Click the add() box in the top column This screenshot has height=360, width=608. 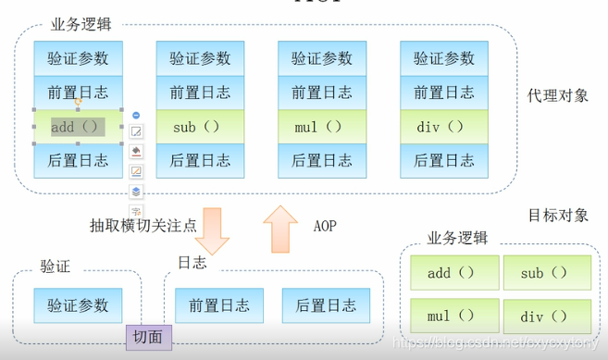click(x=78, y=127)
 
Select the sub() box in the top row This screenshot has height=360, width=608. click(x=200, y=127)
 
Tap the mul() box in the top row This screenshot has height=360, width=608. click(x=322, y=127)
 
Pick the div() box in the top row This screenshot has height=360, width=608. click(x=444, y=127)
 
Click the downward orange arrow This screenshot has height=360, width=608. click(x=213, y=230)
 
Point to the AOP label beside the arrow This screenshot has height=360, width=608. click(x=325, y=225)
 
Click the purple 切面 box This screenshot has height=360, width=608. click(x=149, y=339)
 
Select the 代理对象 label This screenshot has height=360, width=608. click(x=557, y=95)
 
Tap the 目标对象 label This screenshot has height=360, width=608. click(x=558, y=216)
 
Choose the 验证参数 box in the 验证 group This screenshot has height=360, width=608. click(x=78, y=304)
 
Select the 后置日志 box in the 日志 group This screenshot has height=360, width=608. click(x=325, y=304)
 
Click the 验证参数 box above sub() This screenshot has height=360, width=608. click(x=200, y=58)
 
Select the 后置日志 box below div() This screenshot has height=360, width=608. click(x=444, y=160)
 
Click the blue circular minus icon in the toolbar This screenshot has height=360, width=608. click(x=136, y=115)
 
